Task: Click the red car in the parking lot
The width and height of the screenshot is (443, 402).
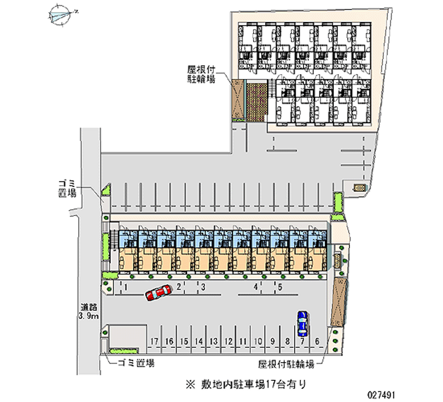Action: pyautogui.click(x=158, y=293)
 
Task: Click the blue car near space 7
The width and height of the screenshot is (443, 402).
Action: pyautogui.click(x=302, y=323)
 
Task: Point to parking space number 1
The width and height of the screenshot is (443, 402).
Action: pyautogui.click(x=127, y=287)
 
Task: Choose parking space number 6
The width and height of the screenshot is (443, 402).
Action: pyautogui.click(x=317, y=341)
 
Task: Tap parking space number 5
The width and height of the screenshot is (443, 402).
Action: pyautogui.click(x=281, y=287)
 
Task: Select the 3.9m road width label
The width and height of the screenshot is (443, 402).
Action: pyautogui.click(x=88, y=317)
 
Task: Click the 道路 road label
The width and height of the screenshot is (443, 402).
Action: pyautogui.click(x=88, y=307)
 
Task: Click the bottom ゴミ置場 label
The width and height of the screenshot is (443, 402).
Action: pyautogui.click(x=136, y=363)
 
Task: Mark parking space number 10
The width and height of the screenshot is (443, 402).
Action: pyautogui.click(x=258, y=341)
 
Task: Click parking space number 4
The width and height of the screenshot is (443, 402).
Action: pyautogui.click(x=256, y=287)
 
